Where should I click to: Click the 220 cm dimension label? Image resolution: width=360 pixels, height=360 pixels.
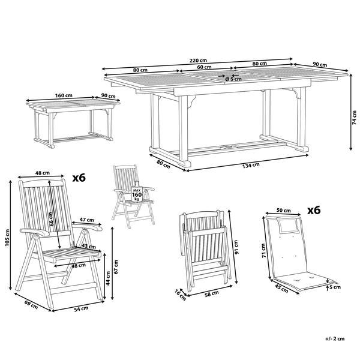pos(198,60)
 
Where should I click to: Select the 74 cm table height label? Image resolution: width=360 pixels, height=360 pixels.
pos(355,119)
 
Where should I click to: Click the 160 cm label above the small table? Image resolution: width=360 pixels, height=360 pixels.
pos(64,95)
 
